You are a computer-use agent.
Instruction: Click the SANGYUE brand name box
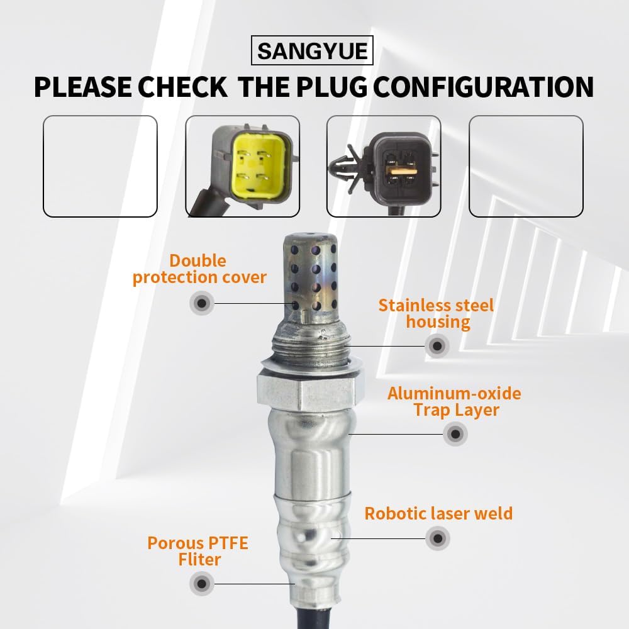pos(312,50)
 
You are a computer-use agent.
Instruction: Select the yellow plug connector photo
pos(242,167)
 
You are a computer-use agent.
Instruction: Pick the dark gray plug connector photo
pos(384,167)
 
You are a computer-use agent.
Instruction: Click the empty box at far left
pos(100,167)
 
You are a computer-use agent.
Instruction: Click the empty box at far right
pos(526,167)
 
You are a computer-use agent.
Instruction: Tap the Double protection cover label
pos(199,269)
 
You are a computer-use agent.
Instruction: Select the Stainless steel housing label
pos(437,314)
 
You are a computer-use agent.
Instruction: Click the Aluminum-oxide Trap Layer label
pos(454,402)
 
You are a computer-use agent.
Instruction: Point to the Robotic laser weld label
pos(438,513)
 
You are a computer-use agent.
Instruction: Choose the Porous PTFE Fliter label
pos(198,551)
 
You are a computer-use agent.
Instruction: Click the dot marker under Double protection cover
pos(201,304)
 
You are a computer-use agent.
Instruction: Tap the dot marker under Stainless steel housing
pos(437,345)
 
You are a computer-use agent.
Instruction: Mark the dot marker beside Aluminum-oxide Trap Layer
pos(455,434)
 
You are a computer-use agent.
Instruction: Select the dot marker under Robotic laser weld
pos(438,538)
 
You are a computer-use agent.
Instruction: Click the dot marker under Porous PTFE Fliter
pos(201,584)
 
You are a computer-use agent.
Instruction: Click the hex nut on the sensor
pos(311,390)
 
